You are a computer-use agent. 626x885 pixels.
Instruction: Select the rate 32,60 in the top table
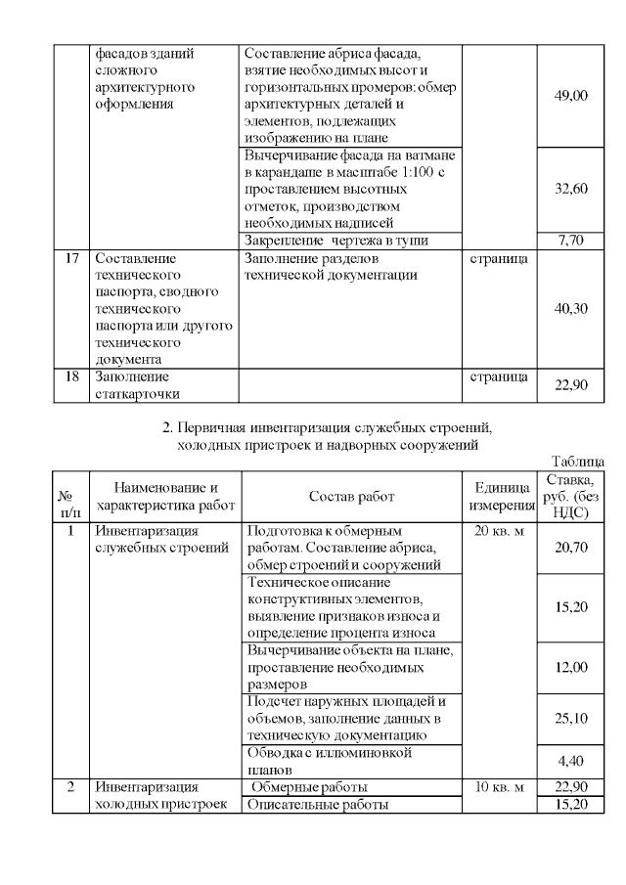click(571, 189)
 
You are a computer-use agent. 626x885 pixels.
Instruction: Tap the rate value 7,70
click(571, 240)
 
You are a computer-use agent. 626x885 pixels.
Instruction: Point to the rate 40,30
click(571, 308)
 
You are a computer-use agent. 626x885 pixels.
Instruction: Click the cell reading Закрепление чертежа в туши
click(337, 240)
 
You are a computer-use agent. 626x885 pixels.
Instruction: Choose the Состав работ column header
click(351, 497)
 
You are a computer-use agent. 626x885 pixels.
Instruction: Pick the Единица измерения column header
click(499, 496)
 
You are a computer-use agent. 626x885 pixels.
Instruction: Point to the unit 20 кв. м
click(499, 532)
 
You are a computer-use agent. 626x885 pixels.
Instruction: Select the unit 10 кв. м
click(499, 787)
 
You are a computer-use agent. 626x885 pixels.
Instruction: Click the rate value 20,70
click(571, 548)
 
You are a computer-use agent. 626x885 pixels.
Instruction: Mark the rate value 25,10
click(571, 719)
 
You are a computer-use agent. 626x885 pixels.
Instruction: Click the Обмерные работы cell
click(310, 787)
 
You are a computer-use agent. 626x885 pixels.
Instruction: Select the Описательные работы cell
click(318, 805)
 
